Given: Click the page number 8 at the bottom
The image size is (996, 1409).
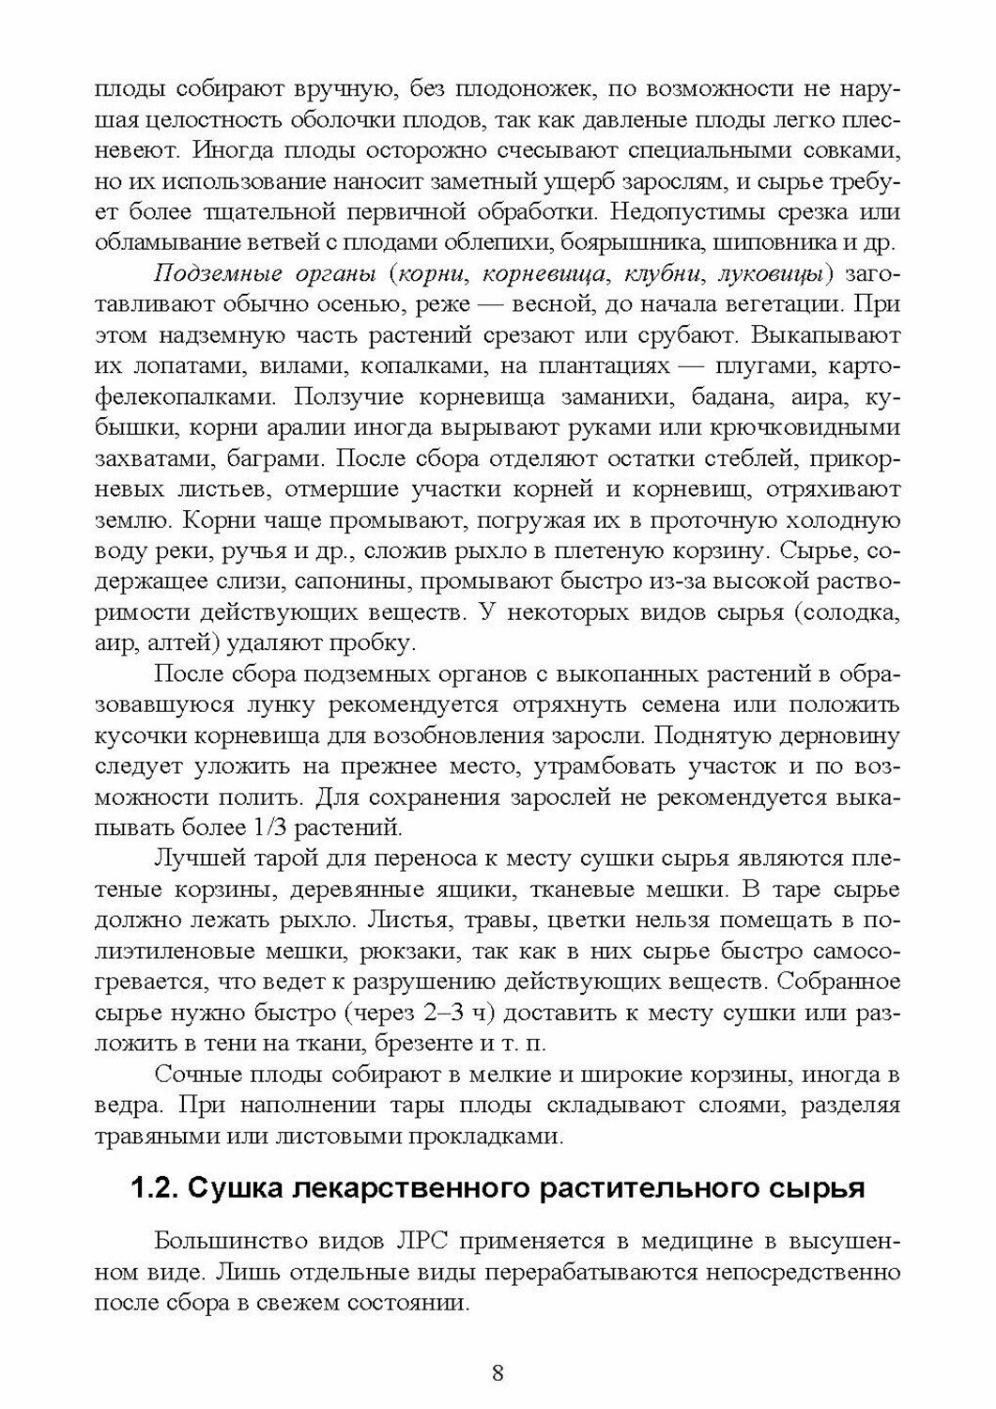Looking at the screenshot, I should pyautogui.click(x=498, y=1372).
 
